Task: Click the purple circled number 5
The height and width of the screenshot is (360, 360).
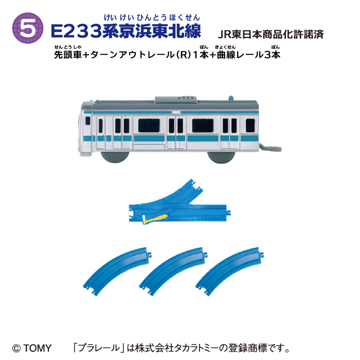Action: [x=31, y=29]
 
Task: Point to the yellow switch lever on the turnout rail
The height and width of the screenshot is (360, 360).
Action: [x=153, y=220]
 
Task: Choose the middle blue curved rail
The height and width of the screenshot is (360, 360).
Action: [x=177, y=266]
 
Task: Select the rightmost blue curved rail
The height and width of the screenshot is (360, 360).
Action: [x=232, y=266]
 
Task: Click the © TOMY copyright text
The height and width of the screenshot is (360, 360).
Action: [x=32, y=348]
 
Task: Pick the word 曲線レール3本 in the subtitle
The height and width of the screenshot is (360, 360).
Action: [x=247, y=56]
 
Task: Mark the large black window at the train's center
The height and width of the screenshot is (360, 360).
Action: [x=153, y=124]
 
